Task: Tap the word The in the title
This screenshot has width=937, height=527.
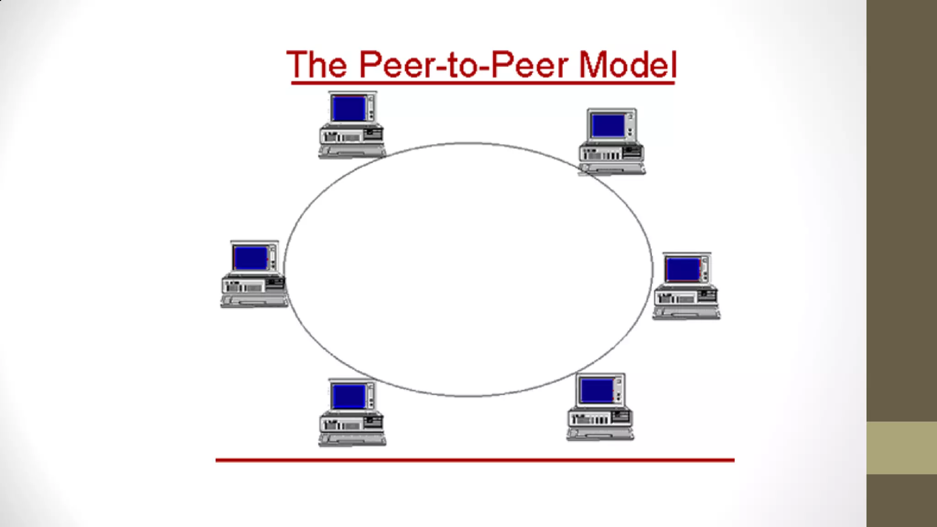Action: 317,65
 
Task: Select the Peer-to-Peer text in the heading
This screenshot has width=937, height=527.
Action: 463,65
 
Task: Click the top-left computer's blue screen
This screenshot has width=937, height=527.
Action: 349,108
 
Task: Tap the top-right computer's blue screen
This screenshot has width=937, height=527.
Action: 608,126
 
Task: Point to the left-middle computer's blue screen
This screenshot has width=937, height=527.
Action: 250,258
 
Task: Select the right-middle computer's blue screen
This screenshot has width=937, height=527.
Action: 683,269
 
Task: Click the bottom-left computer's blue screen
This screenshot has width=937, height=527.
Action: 349,396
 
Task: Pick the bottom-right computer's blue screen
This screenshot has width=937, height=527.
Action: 597,390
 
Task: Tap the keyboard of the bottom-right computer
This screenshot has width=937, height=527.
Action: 600,433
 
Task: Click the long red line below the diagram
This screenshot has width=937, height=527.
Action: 475,460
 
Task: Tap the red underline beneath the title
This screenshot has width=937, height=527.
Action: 483,83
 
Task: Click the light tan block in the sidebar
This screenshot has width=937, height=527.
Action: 901,448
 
